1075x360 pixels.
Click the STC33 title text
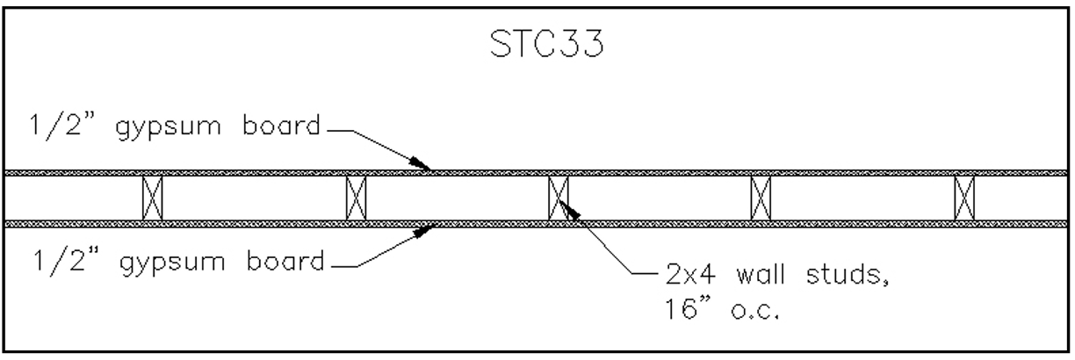pyautogui.click(x=537, y=47)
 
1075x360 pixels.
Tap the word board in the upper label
pyautogui.click(x=279, y=129)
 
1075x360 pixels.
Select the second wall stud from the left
pyautogui.click(x=356, y=198)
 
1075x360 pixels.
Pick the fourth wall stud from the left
pyautogui.click(x=761, y=198)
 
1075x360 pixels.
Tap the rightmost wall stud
pyautogui.click(x=964, y=198)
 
